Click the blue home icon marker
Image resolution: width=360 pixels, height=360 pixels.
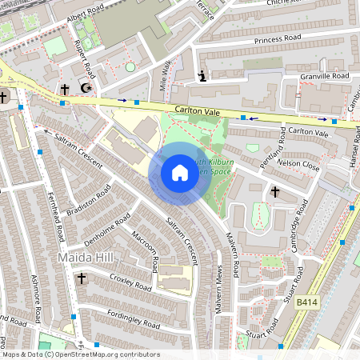point(179,173)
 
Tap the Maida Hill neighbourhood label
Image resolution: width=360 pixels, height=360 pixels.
point(86,258)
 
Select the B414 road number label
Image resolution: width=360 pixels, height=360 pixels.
point(308,302)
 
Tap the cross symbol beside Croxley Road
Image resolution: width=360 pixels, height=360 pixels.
point(82,278)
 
